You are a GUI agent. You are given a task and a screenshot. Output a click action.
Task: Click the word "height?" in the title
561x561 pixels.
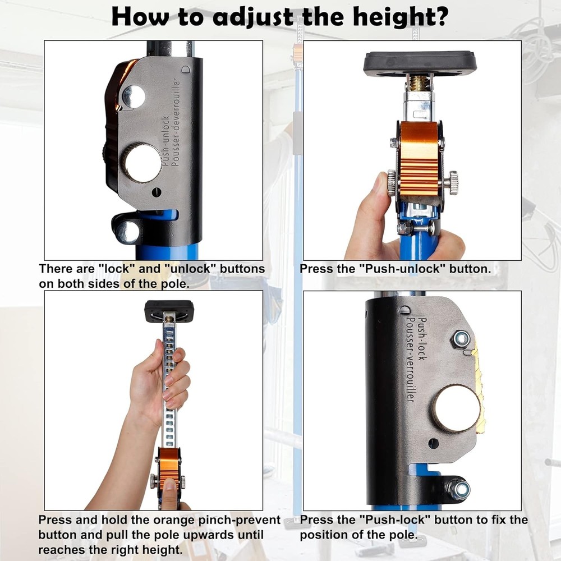tap(401, 16)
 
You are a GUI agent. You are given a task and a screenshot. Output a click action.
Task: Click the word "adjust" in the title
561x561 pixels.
tap(253, 16)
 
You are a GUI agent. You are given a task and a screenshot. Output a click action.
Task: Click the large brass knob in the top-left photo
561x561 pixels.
tap(143, 163)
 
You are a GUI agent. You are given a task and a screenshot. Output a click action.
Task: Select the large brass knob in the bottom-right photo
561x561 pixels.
tap(456, 408)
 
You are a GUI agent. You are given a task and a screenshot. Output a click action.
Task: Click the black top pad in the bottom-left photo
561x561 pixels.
tap(169, 311)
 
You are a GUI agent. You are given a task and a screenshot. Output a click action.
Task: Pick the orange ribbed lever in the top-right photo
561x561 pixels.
tap(419, 159)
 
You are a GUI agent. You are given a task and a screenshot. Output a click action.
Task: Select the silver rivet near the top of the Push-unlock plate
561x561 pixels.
tap(134, 96)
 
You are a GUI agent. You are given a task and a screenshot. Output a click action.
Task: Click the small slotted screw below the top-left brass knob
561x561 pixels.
tap(157, 192)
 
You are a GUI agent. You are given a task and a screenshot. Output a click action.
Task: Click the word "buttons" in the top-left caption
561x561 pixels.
tap(242, 268)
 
